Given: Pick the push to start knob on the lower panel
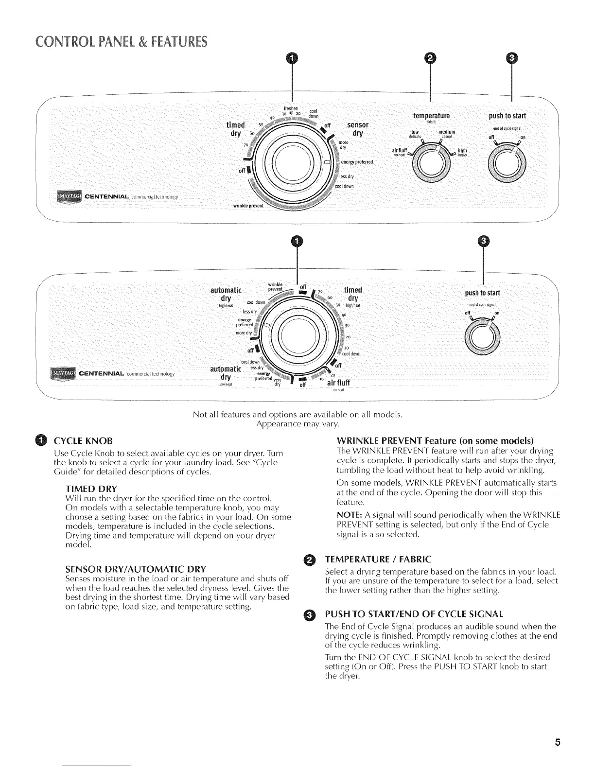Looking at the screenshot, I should tap(483, 335).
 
